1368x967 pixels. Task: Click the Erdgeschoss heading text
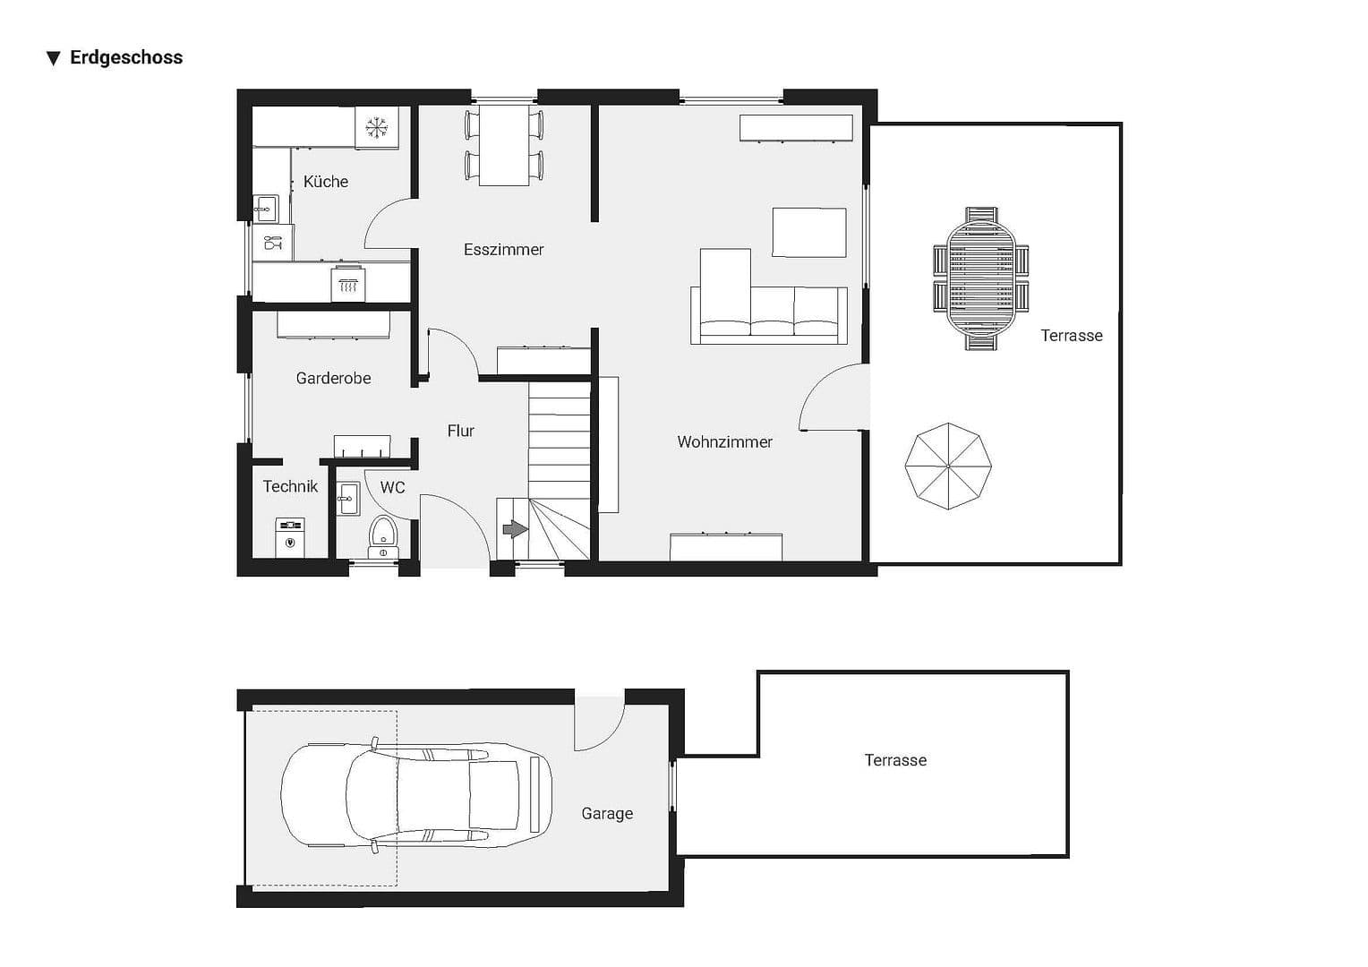(125, 58)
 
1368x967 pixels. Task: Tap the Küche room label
(326, 182)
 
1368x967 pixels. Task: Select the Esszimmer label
(503, 250)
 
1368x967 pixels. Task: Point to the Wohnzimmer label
(724, 442)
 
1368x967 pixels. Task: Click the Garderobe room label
(333, 379)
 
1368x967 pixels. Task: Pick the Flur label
(460, 432)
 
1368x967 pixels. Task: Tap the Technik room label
(290, 487)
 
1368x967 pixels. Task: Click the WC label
(392, 488)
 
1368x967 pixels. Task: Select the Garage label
(607, 814)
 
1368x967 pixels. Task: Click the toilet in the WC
(383, 535)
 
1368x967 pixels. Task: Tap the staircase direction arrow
(515, 530)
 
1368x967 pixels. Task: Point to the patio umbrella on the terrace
(948, 466)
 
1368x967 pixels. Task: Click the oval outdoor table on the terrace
(981, 278)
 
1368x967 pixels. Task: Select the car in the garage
(416, 794)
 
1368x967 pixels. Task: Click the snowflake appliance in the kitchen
(377, 128)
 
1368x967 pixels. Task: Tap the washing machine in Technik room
(290, 537)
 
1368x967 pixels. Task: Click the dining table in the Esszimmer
(504, 145)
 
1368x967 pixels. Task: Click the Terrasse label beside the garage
(895, 761)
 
